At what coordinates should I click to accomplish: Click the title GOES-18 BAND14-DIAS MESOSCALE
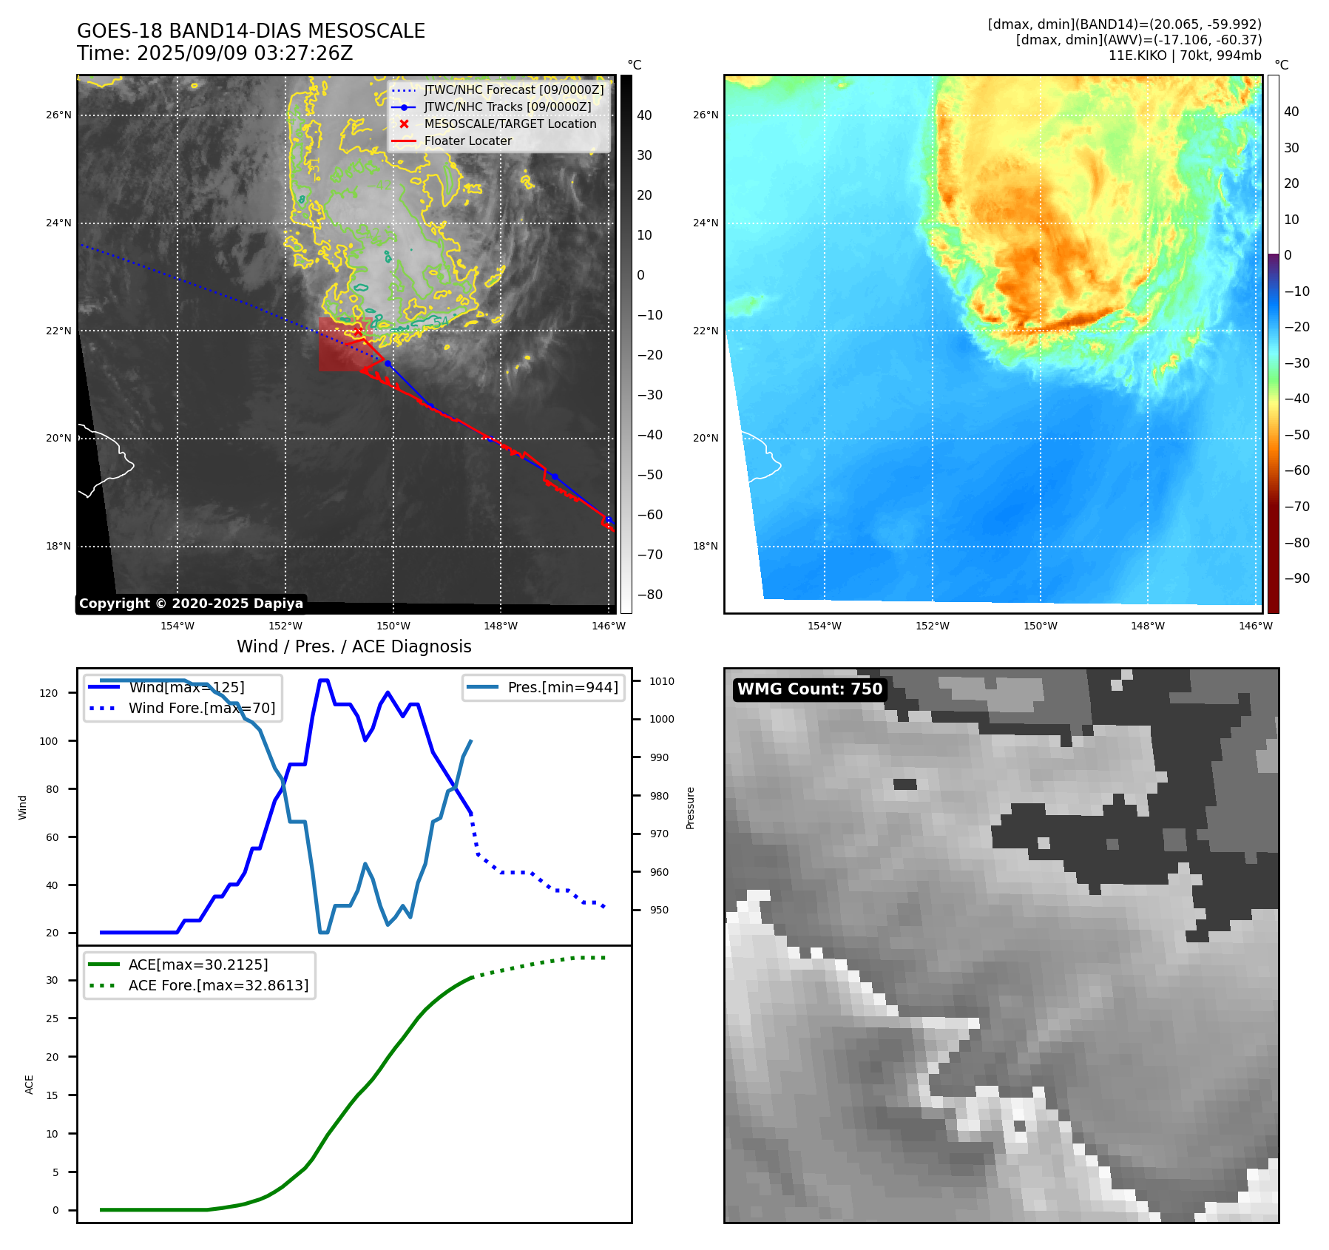[x=251, y=31]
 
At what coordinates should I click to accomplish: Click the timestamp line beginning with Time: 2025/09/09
[x=214, y=53]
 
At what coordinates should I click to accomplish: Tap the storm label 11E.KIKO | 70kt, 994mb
[x=1185, y=55]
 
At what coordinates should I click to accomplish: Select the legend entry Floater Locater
[x=467, y=141]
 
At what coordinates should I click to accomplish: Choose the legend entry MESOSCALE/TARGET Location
[x=510, y=124]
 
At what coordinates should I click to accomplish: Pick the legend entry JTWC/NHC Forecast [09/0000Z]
[x=513, y=90]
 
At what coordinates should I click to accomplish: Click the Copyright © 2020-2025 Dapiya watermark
[x=191, y=604]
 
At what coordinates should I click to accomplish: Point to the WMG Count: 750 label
[x=809, y=689]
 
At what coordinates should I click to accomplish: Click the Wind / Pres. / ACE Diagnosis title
[x=354, y=646]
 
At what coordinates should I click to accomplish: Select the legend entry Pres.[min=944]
[x=562, y=687]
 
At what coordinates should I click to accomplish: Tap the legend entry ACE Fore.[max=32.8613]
[x=218, y=985]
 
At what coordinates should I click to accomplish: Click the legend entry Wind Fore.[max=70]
[x=201, y=708]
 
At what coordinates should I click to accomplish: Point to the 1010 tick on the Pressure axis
[x=662, y=681]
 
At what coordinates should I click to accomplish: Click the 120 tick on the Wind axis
[x=49, y=693]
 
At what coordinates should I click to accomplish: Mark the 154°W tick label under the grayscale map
[x=177, y=626]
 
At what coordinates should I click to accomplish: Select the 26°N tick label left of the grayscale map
[x=58, y=115]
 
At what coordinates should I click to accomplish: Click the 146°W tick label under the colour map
[x=1256, y=626]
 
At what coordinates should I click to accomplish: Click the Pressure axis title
[x=690, y=808]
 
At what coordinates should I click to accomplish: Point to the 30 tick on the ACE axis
[x=52, y=980]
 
